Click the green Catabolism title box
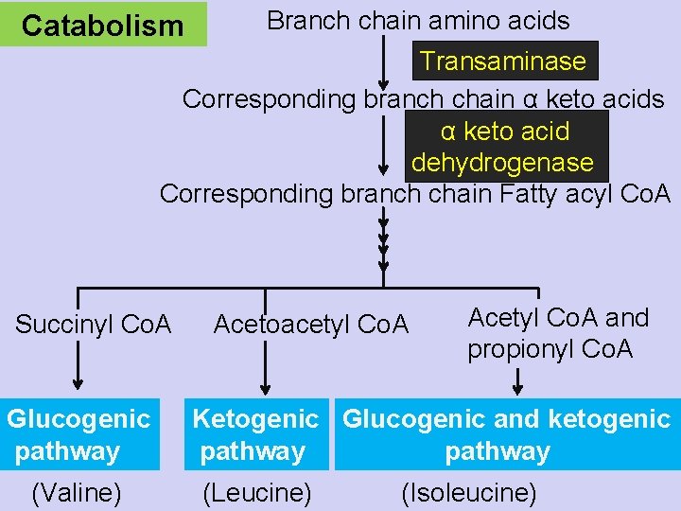pos(103,25)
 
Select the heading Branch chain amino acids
pos(418,20)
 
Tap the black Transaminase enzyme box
pos(503,62)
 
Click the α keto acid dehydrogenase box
pos(503,147)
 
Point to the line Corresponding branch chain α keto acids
pos(423,99)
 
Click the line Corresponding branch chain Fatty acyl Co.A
pos(414,194)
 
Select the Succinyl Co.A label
pos(94,326)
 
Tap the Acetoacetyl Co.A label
pos(311,326)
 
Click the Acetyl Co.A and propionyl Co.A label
pos(558,333)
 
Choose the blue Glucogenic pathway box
pos(79,434)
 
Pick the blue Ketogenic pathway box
pos(256,434)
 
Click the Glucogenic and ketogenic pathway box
pos(506,434)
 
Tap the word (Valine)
pos(76,493)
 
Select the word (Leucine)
pos(257,493)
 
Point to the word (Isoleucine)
pos(469,493)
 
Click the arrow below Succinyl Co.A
pos(77,364)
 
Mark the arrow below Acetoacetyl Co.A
pos(265,364)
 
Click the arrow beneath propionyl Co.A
pos(518,379)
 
